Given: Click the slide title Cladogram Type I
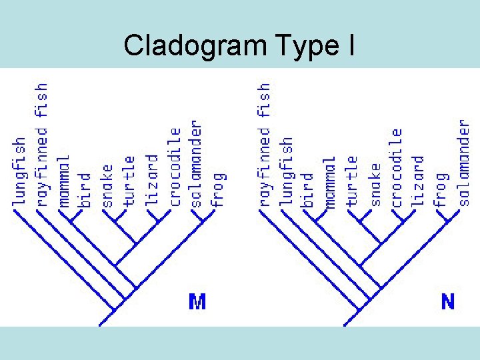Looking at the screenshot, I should [239, 45].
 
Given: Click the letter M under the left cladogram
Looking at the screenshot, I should [197, 302].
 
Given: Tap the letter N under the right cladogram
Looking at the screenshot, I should [448, 302].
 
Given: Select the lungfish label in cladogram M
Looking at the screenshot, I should [19, 171].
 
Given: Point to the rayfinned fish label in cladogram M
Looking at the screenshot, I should [41, 144].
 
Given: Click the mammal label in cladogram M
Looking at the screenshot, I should [63, 181].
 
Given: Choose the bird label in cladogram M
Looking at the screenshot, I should [85, 189].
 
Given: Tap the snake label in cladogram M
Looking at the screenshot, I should [107, 185].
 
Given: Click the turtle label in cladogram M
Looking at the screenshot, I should [129, 181].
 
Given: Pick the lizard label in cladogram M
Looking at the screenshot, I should [152, 181].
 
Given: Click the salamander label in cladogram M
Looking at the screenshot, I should [196, 163].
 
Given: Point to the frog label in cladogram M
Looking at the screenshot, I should [219, 189].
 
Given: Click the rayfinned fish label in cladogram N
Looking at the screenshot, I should [265, 144].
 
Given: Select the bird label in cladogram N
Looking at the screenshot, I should [307, 189].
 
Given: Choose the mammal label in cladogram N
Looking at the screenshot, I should [329, 181].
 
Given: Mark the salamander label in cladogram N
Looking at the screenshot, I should [464, 163].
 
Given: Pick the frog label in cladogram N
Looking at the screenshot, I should [441, 189].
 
